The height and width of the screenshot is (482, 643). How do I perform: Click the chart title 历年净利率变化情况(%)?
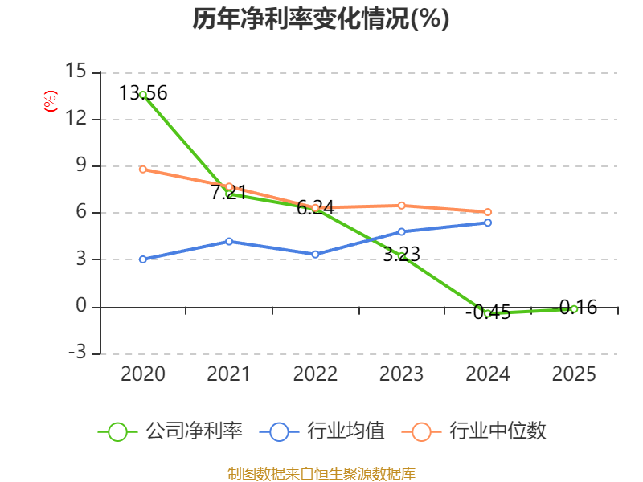point(321,19)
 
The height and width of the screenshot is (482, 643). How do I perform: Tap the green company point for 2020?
point(143,95)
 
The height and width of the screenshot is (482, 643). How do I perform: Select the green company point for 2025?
point(574,308)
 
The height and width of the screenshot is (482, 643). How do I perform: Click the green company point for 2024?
point(488,313)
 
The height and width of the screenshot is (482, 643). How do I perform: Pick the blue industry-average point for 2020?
point(143,259)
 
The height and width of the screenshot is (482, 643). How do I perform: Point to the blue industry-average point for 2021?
point(229,241)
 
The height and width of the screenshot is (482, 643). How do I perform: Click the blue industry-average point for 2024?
point(488,223)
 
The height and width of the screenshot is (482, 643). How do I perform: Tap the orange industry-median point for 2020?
point(143,169)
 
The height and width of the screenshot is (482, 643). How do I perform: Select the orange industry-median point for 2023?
point(401,206)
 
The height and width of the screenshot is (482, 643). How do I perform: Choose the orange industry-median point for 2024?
point(488,212)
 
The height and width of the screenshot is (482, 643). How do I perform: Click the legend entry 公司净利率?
point(170,431)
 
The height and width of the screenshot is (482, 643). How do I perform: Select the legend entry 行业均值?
point(322,431)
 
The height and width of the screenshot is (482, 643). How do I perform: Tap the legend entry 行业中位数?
point(479,431)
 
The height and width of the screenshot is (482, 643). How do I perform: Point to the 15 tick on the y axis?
point(76,72)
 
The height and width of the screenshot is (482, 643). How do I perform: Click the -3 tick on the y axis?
point(76,353)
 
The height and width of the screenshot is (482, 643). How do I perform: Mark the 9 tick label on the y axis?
point(80,166)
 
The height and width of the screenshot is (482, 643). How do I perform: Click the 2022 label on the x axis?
point(315,374)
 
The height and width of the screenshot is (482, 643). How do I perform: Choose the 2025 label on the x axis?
point(574,374)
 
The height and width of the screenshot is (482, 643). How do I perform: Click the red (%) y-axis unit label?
point(51,101)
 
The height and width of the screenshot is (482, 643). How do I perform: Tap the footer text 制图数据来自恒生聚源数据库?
point(321,473)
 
